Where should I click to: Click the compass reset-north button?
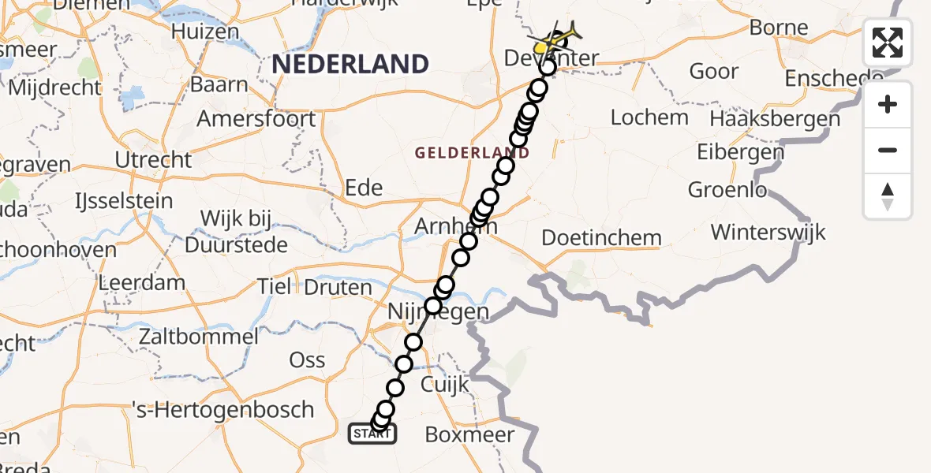click(x=888, y=196)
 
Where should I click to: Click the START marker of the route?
click(x=372, y=434)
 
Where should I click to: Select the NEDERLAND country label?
click(x=350, y=64)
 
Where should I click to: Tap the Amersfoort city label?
click(x=256, y=119)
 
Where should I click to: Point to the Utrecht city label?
click(x=153, y=159)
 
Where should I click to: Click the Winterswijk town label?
click(x=768, y=233)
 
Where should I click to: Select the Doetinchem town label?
click(x=602, y=237)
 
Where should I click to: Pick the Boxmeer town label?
click(x=469, y=434)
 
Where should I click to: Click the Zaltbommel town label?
click(x=198, y=337)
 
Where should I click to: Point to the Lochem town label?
click(x=650, y=118)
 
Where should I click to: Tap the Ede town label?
click(x=364, y=188)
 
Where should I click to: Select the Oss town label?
click(x=308, y=359)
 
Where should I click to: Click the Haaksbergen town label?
click(x=775, y=119)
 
